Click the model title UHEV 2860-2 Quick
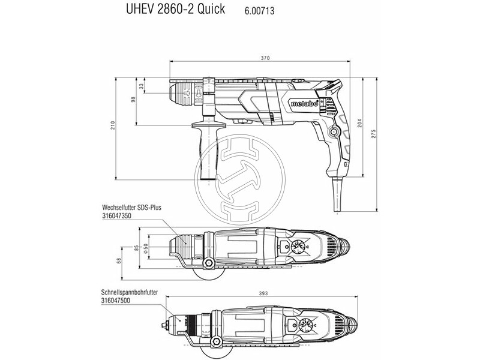[175, 9]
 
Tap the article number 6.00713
[259, 11]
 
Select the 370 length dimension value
[265, 58]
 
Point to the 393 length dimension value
[263, 293]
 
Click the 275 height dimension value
[373, 134]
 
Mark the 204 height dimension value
[359, 123]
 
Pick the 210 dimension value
[113, 125]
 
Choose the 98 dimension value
[133, 100]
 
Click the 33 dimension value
[141, 86]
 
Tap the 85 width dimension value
[137, 248]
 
